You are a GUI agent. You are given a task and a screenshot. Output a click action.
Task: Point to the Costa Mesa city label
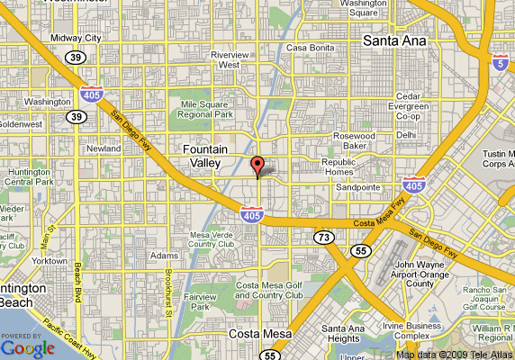pos(237,334)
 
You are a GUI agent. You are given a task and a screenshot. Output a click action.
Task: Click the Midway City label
pos(77,39)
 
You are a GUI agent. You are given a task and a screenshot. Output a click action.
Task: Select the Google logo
pos(28,347)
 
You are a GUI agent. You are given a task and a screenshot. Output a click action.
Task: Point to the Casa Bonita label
pos(311,48)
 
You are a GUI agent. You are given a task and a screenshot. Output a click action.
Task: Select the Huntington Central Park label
pos(29,176)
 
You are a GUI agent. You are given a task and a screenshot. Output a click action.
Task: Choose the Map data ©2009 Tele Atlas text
pos(454,354)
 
